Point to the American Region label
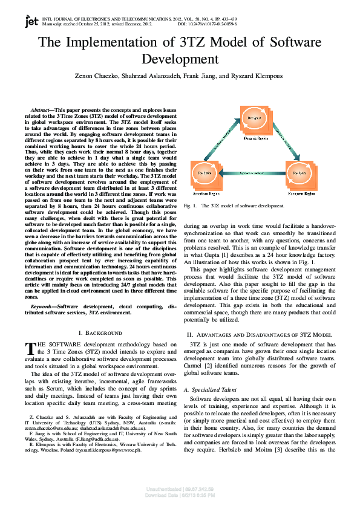(204, 194)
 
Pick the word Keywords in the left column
(44, 307)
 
